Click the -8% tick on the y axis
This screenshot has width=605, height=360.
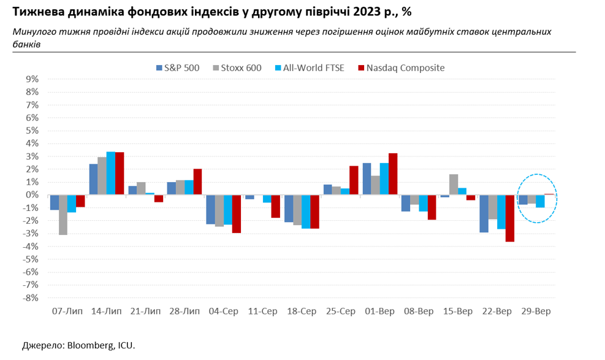click(31, 298)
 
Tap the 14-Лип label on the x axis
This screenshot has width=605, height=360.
click(106, 312)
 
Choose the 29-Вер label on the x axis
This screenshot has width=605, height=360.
click(535, 312)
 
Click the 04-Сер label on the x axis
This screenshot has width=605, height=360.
click(223, 312)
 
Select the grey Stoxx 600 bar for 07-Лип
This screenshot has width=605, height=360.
click(63, 215)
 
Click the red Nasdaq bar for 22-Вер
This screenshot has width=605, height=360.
click(510, 218)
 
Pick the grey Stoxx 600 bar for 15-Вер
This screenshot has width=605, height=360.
click(454, 185)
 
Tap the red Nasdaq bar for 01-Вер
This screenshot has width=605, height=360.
click(393, 174)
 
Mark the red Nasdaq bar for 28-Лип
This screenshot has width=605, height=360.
click(197, 182)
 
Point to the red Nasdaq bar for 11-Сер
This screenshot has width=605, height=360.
click(276, 206)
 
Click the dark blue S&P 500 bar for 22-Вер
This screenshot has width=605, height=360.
click(484, 213)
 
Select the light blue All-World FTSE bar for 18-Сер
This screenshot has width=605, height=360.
click(306, 212)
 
